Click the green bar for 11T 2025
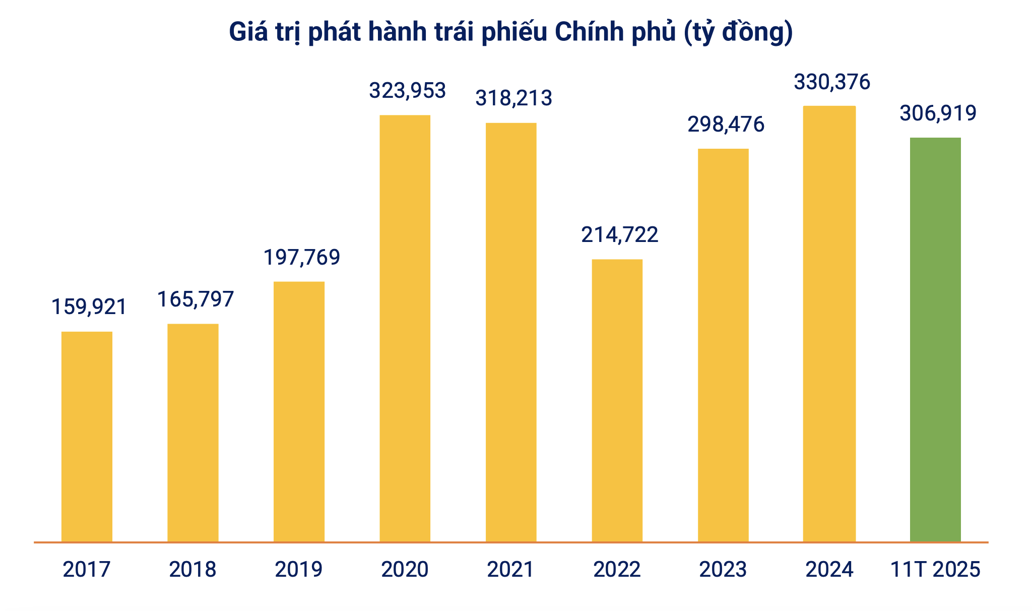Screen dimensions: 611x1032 coord(935,340)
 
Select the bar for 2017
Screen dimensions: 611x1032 coord(87,437)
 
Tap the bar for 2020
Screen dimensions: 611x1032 coord(405,329)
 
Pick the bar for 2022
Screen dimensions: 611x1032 coord(617,401)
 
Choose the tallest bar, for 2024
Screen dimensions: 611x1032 coord(829,324)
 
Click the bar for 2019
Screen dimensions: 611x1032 coord(299,412)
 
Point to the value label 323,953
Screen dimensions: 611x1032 coord(408,91)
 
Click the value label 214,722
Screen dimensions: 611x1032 coord(620,235)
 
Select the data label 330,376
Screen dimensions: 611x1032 coord(832,82)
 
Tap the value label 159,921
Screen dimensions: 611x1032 coord(89,307)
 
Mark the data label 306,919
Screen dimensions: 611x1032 coord(938,113)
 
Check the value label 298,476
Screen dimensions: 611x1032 coord(726,125)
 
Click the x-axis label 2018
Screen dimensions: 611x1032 coord(192,570)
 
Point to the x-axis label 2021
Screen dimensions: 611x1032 coord(510,570)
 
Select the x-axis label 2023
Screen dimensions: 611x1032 coord(723,570)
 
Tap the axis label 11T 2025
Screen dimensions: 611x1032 coord(935,570)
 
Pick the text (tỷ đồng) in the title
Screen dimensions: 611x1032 coord(738,32)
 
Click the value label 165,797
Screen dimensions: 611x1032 coord(196,299)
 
